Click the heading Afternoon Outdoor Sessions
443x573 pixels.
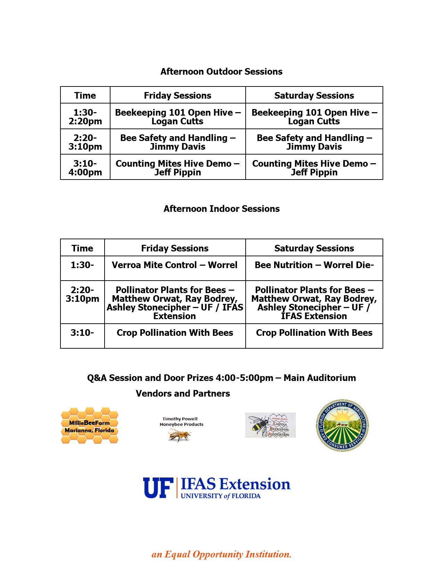(x=221, y=72)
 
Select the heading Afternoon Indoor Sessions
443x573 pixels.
(x=221, y=209)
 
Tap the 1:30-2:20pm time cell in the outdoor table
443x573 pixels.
(x=85, y=117)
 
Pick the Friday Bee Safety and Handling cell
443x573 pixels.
(x=178, y=142)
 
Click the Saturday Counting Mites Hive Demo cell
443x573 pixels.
(x=314, y=168)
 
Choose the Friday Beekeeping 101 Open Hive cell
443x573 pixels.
(x=178, y=117)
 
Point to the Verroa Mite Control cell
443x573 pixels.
(x=175, y=265)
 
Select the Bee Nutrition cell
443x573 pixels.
(x=314, y=265)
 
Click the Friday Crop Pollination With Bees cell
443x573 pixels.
(x=175, y=333)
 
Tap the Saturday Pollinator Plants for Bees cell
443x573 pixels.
(x=314, y=303)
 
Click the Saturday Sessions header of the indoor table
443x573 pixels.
(x=314, y=248)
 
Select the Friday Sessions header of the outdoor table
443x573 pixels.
(x=178, y=95)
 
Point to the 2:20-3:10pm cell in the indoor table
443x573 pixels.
(x=82, y=294)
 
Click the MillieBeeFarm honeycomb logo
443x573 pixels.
(x=90, y=426)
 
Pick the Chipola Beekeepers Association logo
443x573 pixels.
(x=270, y=425)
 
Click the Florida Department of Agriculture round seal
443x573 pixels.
(x=342, y=425)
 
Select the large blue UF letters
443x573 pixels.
(x=158, y=488)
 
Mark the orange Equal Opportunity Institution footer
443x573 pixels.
(x=221, y=554)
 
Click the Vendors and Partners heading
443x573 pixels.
(x=183, y=393)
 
